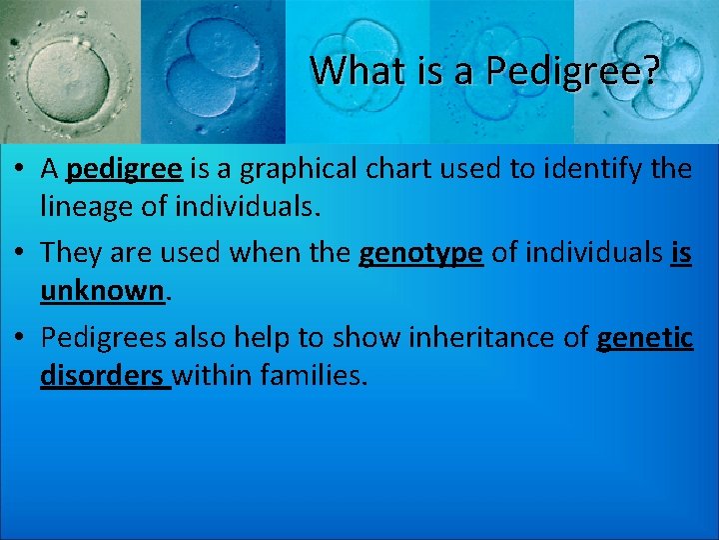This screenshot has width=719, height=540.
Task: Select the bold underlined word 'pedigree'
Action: pyautogui.click(x=124, y=169)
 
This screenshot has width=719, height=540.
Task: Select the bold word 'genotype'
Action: pyautogui.click(x=420, y=254)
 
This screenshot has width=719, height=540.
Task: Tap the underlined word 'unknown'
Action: pyautogui.click(x=100, y=291)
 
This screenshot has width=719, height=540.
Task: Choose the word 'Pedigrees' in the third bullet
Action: pyautogui.click(x=104, y=338)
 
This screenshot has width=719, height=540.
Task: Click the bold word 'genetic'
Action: pyautogui.click(x=644, y=338)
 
